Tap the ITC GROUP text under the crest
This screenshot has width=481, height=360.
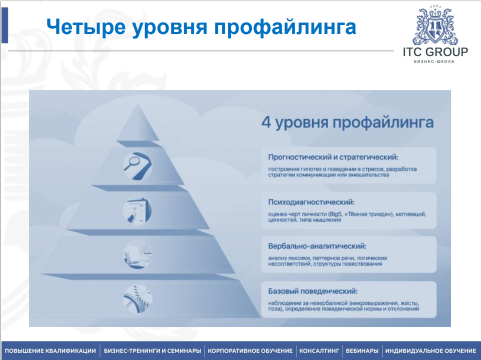pyautogui.click(x=435, y=52)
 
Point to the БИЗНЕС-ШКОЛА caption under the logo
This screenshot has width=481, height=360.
pyautogui.click(x=434, y=61)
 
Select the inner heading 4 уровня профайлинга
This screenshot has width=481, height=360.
pyautogui.click(x=347, y=122)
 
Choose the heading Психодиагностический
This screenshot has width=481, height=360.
pyautogui.click(x=311, y=202)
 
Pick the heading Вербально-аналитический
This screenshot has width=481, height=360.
pyautogui.click(x=317, y=246)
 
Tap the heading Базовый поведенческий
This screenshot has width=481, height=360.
pyautogui.click(x=313, y=291)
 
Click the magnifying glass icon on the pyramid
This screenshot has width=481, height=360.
pyautogui.click(x=137, y=165)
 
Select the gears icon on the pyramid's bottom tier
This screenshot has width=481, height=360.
pyautogui.click(x=137, y=298)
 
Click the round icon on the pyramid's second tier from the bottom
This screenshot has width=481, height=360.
pyautogui.click(x=137, y=254)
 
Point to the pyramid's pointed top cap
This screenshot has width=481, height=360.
pyautogui.click(x=137, y=122)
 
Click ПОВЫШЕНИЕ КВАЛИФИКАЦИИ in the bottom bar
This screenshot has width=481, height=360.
pyautogui.click(x=50, y=351)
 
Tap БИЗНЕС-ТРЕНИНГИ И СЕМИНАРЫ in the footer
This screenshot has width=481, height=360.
pyautogui.click(x=152, y=351)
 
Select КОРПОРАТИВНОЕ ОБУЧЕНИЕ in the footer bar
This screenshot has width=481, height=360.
pyautogui.click(x=250, y=351)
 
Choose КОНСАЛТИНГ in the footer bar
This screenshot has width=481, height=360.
pyautogui.click(x=319, y=351)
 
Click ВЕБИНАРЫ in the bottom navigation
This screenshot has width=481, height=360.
pyautogui.click(x=362, y=351)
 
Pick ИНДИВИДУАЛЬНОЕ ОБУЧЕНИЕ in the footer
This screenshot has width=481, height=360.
pyautogui.click(x=430, y=351)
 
